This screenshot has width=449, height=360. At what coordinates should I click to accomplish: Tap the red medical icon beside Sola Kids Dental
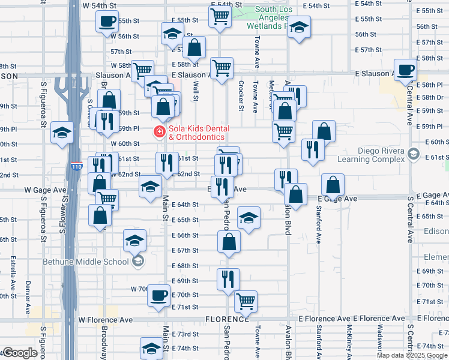point(160,131)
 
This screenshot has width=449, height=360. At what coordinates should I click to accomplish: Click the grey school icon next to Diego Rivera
point(413,154)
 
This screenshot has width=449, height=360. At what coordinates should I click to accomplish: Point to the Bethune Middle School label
point(85,261)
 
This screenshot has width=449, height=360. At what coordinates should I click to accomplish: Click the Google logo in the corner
point(20,353)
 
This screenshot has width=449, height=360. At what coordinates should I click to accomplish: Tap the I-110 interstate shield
point(76,166)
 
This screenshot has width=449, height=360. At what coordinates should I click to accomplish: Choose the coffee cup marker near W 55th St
point(107,22)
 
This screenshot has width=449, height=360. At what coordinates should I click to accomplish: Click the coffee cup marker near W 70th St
point(159,295)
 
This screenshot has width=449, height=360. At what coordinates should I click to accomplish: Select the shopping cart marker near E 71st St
point(246,301)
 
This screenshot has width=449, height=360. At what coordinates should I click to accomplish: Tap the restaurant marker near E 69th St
point(228,278)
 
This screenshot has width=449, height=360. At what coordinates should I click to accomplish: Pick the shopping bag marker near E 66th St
point(229,242)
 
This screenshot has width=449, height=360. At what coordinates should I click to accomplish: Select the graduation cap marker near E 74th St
point(151,348)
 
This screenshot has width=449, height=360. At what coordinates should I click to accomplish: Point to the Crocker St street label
point(241,96)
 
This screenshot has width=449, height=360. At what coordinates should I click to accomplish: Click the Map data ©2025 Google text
point(411,355)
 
